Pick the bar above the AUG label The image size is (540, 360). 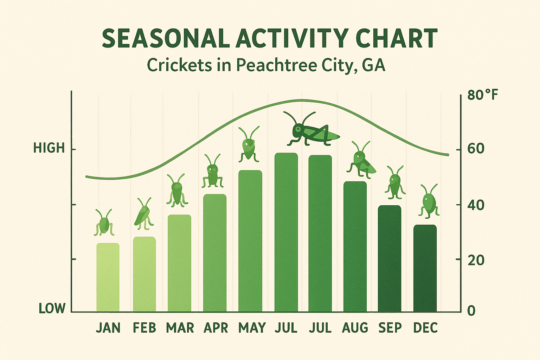pos(355,246)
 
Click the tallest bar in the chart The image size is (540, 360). pos(286,232)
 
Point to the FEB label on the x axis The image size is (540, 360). pos(144,328)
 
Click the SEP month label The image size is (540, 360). pos(390,328)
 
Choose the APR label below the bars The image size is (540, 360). pos(216,328)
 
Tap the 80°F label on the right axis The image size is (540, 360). pos(483,95)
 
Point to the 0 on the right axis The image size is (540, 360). pos(471,310)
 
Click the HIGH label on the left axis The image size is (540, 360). pos(49,148)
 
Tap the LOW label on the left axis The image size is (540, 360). pos(52,309)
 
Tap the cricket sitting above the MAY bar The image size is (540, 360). pos(249,145)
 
